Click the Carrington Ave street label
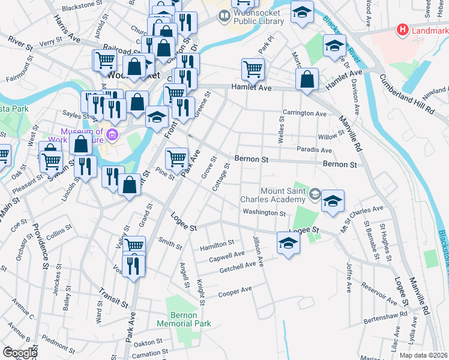[x=305, y=113]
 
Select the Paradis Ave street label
[x=315, y=150]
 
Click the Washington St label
[x=264, y=212]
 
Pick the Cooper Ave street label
[x=235, y=290]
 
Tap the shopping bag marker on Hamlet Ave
[x=307, y=79]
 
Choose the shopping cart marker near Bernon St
[x=176, y=158]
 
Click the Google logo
[x=20, y=353]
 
